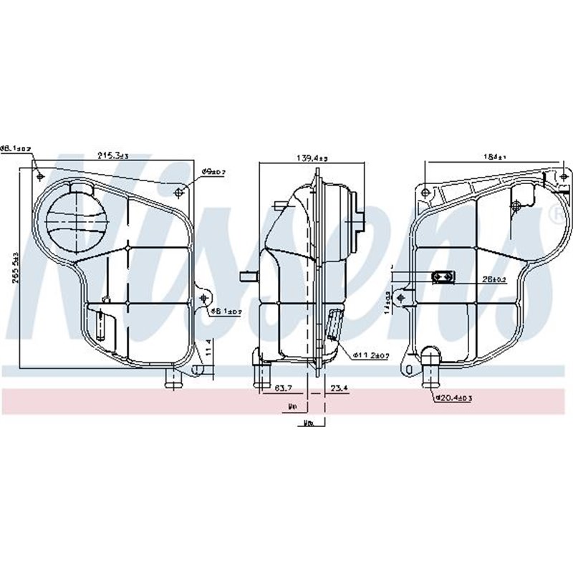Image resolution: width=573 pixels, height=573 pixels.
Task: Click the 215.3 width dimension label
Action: click(x=113, y=155)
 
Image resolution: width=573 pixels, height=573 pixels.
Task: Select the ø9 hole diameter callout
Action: click(x=213, y=173)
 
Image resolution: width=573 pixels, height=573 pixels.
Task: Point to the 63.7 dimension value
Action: click(x=284, y=390)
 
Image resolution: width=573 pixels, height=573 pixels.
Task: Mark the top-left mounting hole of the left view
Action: click(x=40, y=176)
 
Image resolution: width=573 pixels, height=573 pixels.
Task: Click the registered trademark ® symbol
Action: click(x=557, y=213)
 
